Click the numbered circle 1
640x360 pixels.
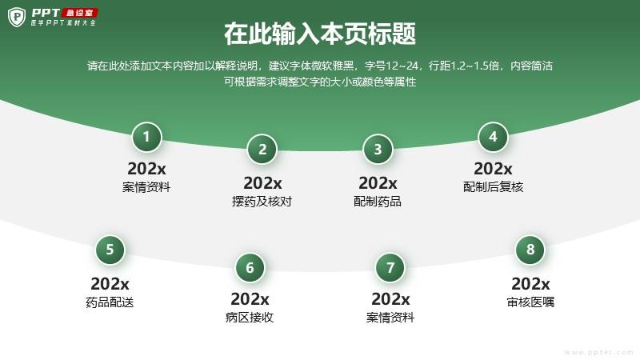pos(146,137)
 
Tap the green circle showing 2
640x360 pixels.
pos(262,150)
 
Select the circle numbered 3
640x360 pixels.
pos(378,150)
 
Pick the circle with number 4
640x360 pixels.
pos(493,137)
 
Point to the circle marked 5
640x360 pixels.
pos(110,250)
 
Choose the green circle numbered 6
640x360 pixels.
pos(250,268)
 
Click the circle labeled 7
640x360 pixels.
pos(390,268)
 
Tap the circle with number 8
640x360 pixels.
pos(530,250)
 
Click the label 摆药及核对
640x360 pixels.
pos(262,202)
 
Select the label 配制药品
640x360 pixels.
pos(378,202)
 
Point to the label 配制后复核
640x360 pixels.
pos(493,187)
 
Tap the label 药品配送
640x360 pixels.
pos(110,302)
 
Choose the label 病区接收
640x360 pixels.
pos(250,317)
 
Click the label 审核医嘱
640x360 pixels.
pos(530,302)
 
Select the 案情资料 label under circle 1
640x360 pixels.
pos(146,187)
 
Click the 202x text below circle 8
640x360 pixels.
pos(530,284)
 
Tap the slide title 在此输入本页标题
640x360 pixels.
pos(320,34)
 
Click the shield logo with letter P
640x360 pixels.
pos(17,17)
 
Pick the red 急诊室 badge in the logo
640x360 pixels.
pos(79,13)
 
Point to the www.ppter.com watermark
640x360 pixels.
pos(599,352)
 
